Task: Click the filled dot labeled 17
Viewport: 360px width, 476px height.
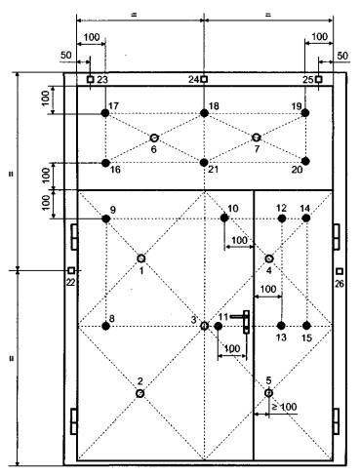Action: pos(105,113)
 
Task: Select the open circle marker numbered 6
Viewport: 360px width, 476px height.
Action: pos(154,138)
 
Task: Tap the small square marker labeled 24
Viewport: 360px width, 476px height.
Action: pos(204,79)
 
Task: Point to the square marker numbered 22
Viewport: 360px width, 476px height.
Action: pos(71,270)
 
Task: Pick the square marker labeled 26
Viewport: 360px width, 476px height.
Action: pos(340,271)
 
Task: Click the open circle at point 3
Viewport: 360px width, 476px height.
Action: pos(204,326)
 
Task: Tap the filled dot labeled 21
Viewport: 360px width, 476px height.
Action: pos(204,162)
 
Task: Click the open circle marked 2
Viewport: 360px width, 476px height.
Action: pos(140,393)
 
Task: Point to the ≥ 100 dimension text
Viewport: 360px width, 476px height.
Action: pos(284,407)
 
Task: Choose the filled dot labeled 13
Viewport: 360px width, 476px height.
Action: pos(282,326)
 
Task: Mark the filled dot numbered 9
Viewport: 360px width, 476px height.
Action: pos(105,218)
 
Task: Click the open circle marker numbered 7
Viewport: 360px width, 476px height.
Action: pos(257,138)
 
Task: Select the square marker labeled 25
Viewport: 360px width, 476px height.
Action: pos(319,79)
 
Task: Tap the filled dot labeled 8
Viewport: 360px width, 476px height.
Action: pos(105,326)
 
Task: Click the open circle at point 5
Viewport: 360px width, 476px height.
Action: pos(268,393)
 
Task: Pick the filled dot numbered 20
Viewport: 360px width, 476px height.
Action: pos(305,161)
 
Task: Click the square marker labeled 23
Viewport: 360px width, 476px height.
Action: pos(91,79)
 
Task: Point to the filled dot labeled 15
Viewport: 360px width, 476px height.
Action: pos(306,326)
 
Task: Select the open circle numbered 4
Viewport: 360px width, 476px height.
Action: pos(269,258)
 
